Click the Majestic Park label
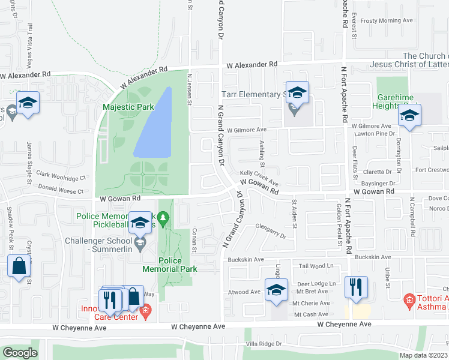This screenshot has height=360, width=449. click(128, 107)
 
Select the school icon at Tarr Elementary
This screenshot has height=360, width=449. click(297, 93)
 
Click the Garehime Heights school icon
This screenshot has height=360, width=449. click(409, 116)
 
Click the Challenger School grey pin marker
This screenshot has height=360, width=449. click(140, 243)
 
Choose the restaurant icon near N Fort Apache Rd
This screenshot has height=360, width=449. click(357, 287)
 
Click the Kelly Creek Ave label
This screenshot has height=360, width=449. click(259, 177)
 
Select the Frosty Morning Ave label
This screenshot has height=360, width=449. click(387, 20)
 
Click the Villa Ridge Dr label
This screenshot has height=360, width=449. click(268, 344)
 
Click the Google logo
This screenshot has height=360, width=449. click(20, 353)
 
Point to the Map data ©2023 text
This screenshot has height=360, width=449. click(423, 355)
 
